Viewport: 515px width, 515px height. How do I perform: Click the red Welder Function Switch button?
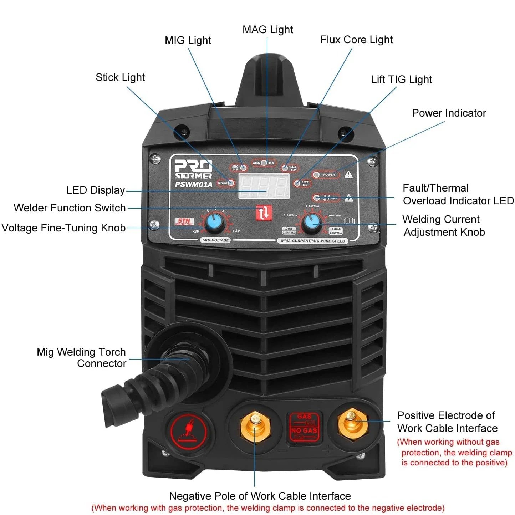[264, 213]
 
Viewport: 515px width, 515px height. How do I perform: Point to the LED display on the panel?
[264, 186]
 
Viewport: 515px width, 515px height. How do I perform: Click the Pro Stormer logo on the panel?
[193, 169]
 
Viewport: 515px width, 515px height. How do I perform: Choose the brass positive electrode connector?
[352, 423]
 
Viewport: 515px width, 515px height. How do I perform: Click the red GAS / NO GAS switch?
[304, 427]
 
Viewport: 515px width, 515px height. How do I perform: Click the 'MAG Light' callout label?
[267, 30]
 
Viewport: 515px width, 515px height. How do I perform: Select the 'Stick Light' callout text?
[120, 77]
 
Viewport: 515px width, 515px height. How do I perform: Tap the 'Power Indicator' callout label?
[449, 113]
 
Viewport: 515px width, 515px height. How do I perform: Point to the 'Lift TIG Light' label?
[401, 80]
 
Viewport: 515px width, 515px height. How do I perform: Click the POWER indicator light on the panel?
[316, 175]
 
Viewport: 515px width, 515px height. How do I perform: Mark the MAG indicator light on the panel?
[264, 163]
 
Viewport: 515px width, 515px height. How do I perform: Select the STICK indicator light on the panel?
[231, 183]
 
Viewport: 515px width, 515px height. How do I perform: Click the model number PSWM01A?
[193, 184]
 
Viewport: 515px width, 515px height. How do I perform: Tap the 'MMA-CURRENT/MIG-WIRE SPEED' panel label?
[313, 241]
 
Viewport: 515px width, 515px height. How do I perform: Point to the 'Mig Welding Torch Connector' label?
[82, 358]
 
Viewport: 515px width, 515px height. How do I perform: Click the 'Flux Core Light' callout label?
[356, 40]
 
